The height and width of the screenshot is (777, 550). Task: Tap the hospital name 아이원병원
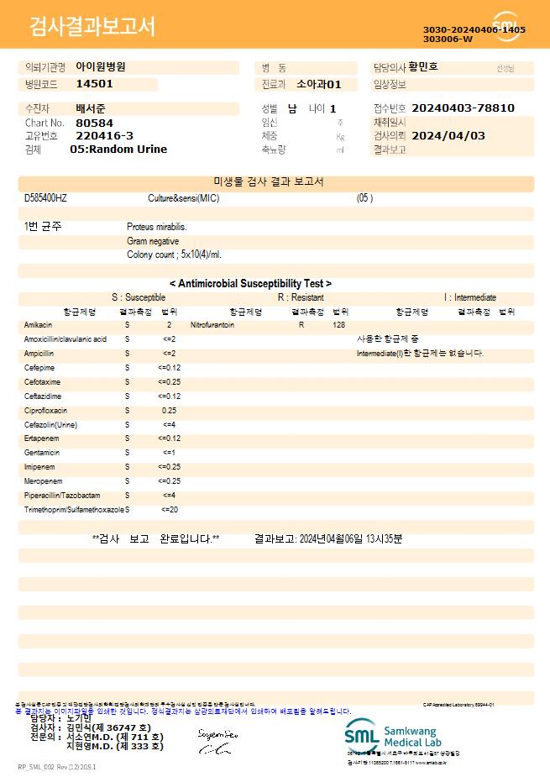101,66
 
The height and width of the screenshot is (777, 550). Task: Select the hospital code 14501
94,84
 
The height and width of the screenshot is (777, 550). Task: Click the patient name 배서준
91,108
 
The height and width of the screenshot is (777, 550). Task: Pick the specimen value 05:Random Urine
118,150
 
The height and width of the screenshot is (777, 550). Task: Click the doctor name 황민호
422,66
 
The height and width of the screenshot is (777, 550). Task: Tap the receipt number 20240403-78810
464,108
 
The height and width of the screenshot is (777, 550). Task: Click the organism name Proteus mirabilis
157,227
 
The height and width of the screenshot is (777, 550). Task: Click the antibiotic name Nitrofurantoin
212,324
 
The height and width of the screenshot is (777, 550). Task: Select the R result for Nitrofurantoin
301,324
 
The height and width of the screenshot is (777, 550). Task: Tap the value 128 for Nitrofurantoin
338,324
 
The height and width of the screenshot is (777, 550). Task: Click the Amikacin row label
39,324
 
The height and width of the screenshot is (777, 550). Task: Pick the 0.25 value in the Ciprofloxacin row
169,411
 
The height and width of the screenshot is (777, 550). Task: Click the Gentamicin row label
41,453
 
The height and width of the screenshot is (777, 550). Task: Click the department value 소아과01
319,84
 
